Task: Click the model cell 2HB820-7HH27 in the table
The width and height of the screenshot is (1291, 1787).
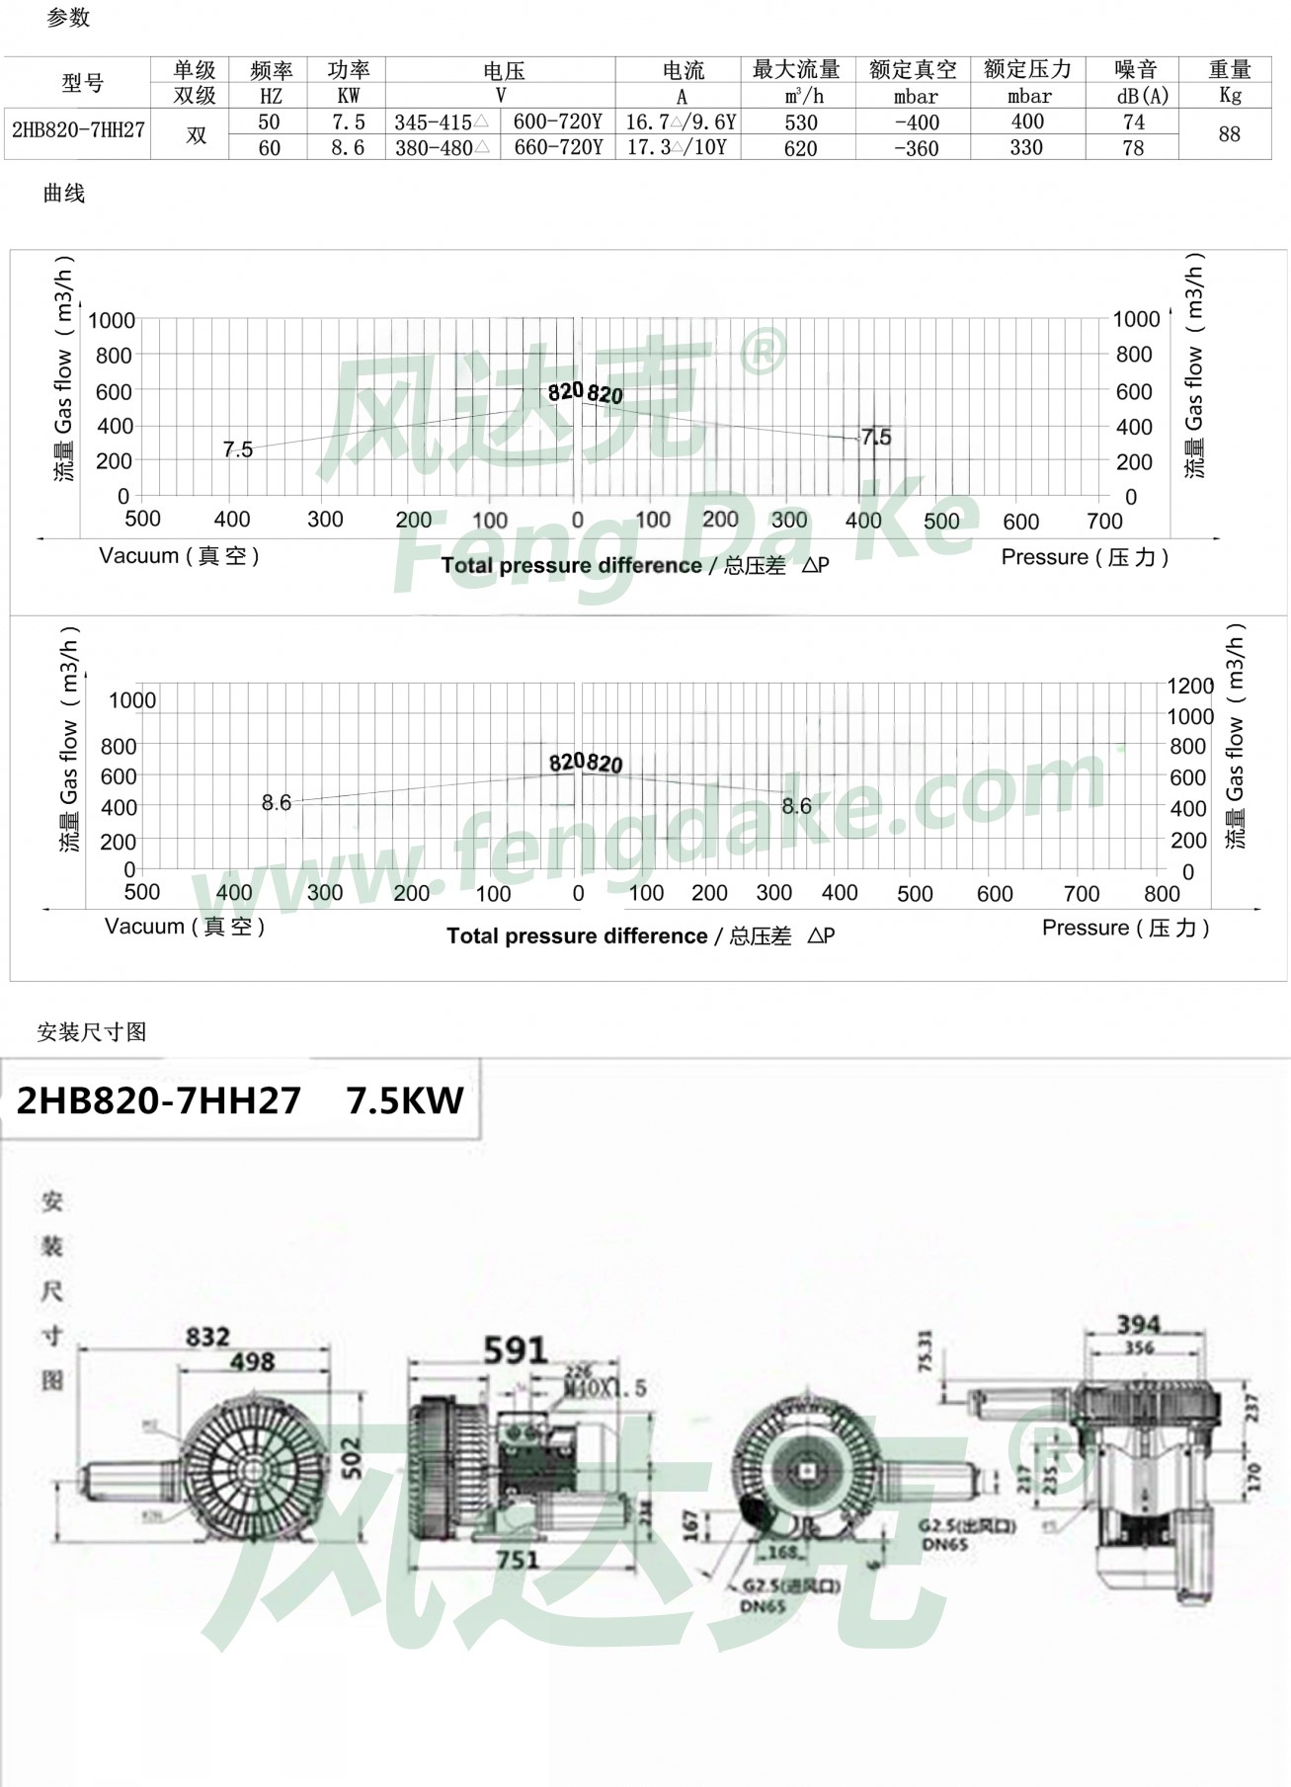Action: click(78, 130)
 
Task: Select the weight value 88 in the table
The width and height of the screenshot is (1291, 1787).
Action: click(1229, 134)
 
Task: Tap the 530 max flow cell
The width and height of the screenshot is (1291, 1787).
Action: click(800, 122)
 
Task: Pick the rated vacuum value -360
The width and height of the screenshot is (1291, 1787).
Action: click(916, 148)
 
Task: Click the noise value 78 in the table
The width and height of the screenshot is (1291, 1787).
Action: click(1133, 148)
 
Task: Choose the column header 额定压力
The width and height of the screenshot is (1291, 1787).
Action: click(1027, 69)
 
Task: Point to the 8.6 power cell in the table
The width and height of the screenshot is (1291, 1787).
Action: click(348, 148)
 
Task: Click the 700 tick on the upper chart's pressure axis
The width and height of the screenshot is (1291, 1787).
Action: click(1104, 521)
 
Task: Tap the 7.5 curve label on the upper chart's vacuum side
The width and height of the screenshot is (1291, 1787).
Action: click(237, 449)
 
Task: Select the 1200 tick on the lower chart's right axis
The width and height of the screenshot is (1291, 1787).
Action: click(1190, 686)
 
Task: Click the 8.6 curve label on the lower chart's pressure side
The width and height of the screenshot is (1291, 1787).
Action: click(796, 806)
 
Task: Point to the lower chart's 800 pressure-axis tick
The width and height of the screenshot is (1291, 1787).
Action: click(1162, 893)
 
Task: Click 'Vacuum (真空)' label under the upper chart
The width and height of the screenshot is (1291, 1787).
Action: click(179, 556)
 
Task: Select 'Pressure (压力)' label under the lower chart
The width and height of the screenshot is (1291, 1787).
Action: click(1125, 928)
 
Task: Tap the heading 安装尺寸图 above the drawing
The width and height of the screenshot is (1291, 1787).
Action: click(92, 1032)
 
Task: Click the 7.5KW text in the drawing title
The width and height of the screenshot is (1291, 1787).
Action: click(405, 1100)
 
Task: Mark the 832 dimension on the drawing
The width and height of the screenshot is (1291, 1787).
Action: click(207, 1337)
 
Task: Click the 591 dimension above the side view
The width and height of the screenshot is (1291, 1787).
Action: click(515, 1349)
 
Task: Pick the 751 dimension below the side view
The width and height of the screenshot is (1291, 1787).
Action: click(517, 1559)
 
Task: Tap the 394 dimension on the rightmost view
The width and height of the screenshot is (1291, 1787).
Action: click(1138, 1324)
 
